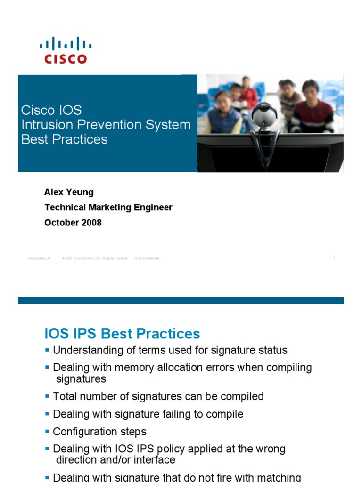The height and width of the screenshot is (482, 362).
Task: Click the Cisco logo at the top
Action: point(66,51)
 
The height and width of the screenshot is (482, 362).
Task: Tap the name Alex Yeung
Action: point(69,192)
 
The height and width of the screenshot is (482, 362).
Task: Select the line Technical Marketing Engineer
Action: point(108,207)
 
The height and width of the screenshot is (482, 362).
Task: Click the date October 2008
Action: point(73,223)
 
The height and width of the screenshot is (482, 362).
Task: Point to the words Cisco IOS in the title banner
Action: point(51,110)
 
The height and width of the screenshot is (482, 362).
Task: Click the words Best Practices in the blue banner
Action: point(64,139)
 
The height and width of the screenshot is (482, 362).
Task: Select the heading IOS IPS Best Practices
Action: point(122,334)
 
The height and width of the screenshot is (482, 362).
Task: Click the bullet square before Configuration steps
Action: point(47,432)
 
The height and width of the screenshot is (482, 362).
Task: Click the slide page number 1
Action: point(334,257)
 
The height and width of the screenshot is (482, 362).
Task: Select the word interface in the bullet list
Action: point(152,460)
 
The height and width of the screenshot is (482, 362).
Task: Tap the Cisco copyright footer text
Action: point(95,258)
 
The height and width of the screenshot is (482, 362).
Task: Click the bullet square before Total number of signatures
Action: point(47,396)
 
